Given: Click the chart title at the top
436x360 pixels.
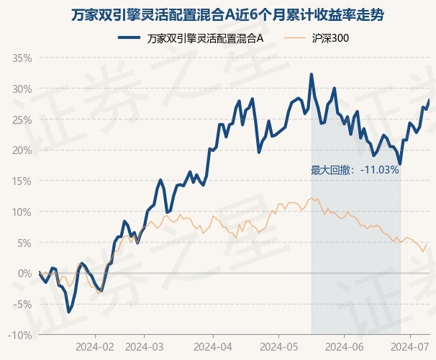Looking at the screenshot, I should [217, 14].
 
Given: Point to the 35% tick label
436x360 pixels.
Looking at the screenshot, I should [22, 58].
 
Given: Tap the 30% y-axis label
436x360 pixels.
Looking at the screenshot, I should [22, 89].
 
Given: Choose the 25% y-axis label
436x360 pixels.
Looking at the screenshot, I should [22, 120].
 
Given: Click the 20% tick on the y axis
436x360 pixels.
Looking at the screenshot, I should [22, 150].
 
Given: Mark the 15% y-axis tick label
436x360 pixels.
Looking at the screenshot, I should [22, 181].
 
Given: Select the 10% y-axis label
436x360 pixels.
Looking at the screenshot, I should [22, 212].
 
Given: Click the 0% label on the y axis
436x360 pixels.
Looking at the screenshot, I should [25, 274].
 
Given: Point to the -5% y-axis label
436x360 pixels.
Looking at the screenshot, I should [22, 305].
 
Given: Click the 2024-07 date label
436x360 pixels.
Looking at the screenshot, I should [410, 346].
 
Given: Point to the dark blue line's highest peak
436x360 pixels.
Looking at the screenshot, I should [312, 74].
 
